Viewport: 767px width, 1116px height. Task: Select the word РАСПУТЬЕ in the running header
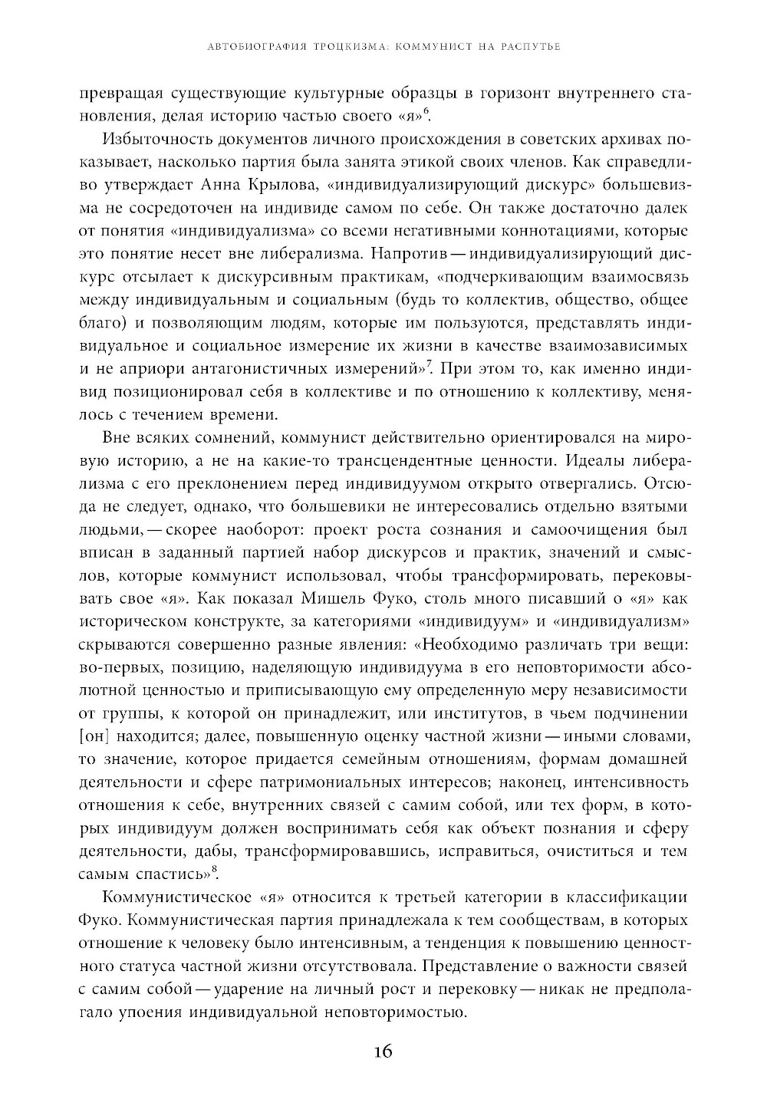(x=527, y=47)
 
